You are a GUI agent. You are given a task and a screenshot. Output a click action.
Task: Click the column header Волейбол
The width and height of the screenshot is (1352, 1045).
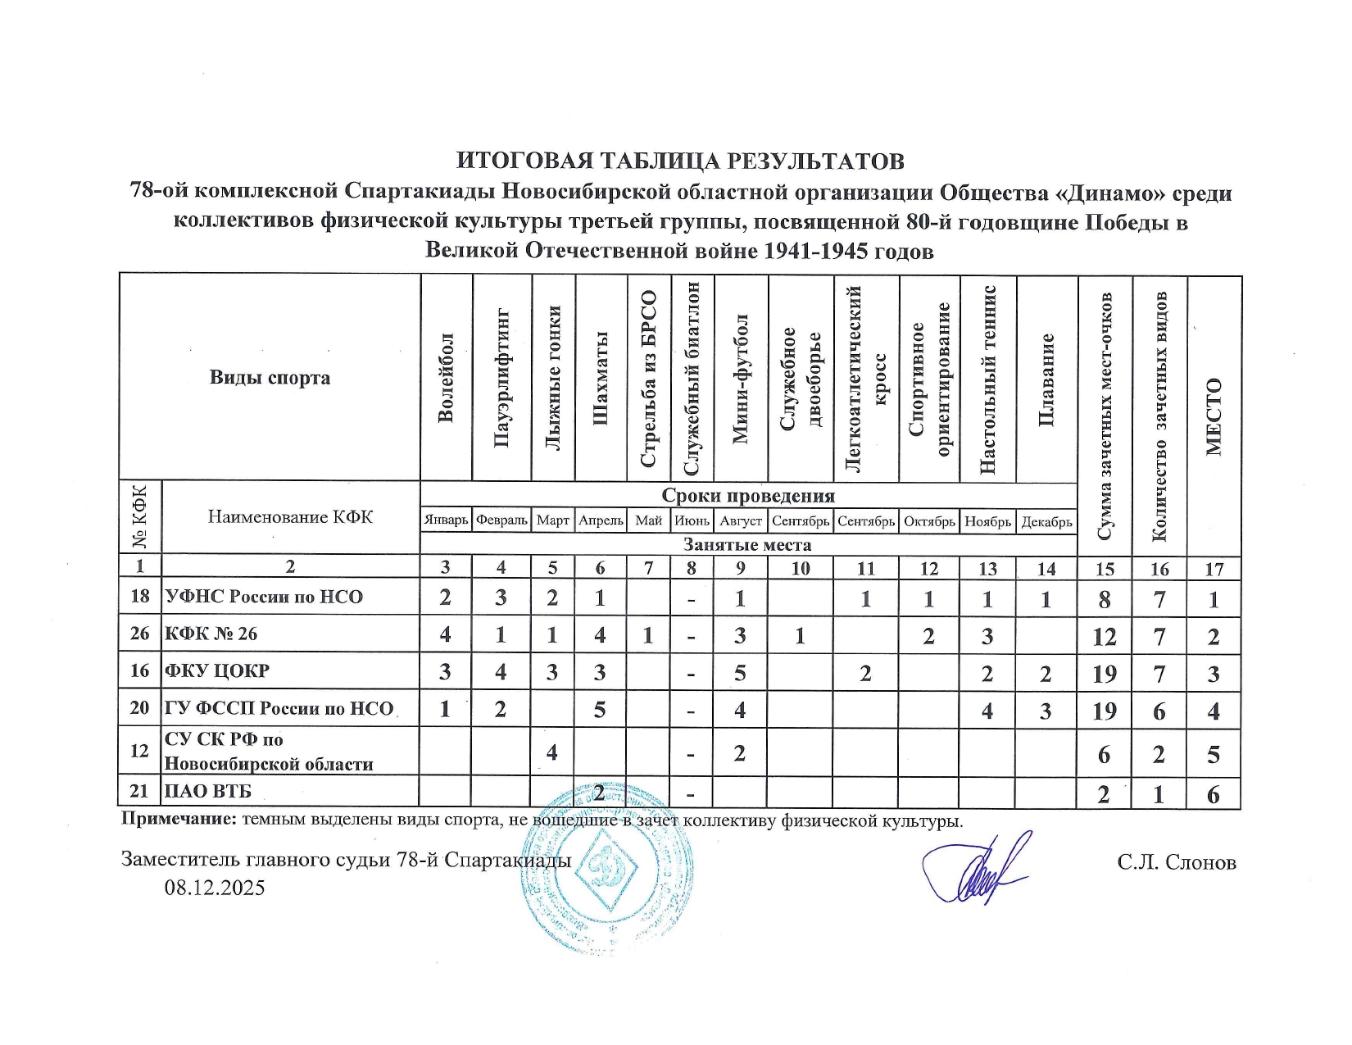coord(446,378)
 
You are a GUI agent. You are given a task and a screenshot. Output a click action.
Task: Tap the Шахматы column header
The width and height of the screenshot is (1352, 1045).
coord(601,378)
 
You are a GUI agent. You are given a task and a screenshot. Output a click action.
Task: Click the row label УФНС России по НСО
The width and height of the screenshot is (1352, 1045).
coord(264,597)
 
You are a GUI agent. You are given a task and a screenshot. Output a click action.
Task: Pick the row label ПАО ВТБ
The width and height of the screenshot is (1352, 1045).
coord(208,792)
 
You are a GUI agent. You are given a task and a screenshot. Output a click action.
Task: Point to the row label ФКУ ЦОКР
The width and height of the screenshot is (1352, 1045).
coord(217,671)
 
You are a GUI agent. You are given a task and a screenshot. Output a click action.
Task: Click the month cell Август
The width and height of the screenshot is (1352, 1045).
coord(741,521)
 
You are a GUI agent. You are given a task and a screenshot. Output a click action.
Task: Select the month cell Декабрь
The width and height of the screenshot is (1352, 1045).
coord(1046,521)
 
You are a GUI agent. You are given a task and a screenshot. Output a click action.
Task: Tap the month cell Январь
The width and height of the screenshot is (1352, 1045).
coord(447,521)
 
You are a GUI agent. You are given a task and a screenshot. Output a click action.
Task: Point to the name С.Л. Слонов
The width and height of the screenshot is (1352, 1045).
coord(1176,862)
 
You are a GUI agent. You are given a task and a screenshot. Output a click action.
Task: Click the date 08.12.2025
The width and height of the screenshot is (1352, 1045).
coord(215,888)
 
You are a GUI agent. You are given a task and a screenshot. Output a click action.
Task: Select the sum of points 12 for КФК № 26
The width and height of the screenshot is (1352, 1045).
coord(1105,636)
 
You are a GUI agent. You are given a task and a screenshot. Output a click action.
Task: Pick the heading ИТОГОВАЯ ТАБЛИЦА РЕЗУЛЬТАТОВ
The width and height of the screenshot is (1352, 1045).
coord(680,160)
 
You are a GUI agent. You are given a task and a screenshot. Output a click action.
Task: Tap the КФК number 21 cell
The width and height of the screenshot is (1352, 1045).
coord(140,792)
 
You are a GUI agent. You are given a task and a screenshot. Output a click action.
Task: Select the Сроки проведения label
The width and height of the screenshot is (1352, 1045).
coord(748,496)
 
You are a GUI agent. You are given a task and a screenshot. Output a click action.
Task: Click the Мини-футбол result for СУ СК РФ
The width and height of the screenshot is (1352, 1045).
coord(740,752)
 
